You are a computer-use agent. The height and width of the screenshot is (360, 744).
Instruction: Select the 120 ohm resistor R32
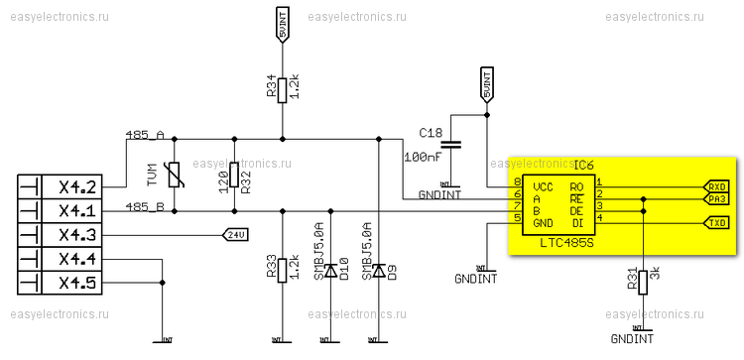[x=233, y=176]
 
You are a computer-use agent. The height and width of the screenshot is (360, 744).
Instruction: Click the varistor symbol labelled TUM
[x=175, y=176]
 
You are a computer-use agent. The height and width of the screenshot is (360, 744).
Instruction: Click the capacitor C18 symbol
[x=450, y=145]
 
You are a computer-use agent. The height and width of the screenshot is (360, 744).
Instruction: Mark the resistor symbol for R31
[x=642, y=281]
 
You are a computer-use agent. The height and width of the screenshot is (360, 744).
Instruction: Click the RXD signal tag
[x=716, y=186]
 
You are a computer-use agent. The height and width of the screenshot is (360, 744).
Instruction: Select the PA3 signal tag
[x=716, y=199]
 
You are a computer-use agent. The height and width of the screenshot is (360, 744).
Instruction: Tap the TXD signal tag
[x=716, y=223]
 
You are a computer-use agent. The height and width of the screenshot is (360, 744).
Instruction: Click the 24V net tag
[x=234, y=235]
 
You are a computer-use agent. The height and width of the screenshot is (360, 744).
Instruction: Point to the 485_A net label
[x=145, y=134]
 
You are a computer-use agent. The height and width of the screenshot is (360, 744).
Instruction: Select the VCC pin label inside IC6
[x=543, y=186]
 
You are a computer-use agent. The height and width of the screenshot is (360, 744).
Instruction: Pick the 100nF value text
[x=421, y=157]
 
